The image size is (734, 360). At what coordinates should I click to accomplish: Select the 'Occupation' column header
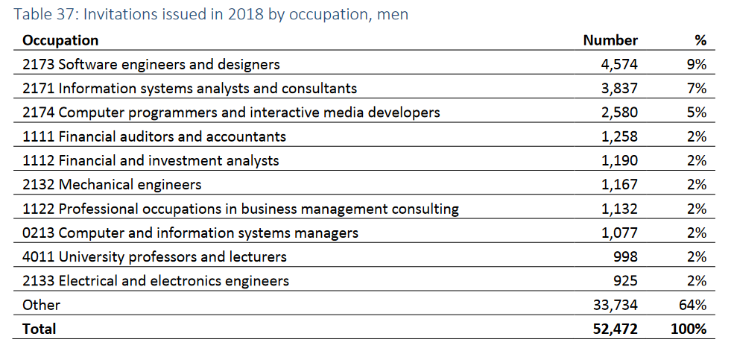pyautogui.click(x=60, y=40)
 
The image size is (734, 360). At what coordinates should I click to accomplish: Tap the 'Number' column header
pyautogui.click(x=610, y=40)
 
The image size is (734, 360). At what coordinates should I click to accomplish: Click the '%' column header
pyautogui.click(x=700, y=40)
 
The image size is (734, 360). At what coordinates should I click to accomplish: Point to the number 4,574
pyautogui.click(x=619, y=65)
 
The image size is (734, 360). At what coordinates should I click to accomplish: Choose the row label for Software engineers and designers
pyautogui.click(x=151, y=65)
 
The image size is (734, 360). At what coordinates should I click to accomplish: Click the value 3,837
pyautogui.click(x=619, y=89)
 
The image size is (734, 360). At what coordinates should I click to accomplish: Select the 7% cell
pyautogui.click(x=697, y=89)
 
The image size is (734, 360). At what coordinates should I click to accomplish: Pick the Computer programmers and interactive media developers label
pyautogui.click(x=231, y=113)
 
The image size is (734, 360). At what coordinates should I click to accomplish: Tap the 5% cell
pyautogui.click(x=697, y=113)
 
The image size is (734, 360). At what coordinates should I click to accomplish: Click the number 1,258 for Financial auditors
pyautogui.click(x=619, y=136)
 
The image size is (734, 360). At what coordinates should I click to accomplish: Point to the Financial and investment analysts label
pyautogui.click(x=151, y=161)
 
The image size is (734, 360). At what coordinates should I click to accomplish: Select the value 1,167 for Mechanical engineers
pyautogui.click(x=619, y=185)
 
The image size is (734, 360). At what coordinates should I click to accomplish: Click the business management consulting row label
pyautogui.click(x=241, y=209)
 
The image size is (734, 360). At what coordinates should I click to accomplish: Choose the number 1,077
pyautogui.click(x=619, y=233)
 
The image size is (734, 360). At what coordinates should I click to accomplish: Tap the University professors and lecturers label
pyautogui.click(x=154, y=257)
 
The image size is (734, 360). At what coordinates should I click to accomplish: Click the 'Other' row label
pyautogui.click(x=41, y=305)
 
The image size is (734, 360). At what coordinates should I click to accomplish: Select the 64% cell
pyautogui.click(x=694, y=305)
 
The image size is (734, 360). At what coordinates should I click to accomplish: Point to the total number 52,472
pyautogui.click(x=615, y=329)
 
